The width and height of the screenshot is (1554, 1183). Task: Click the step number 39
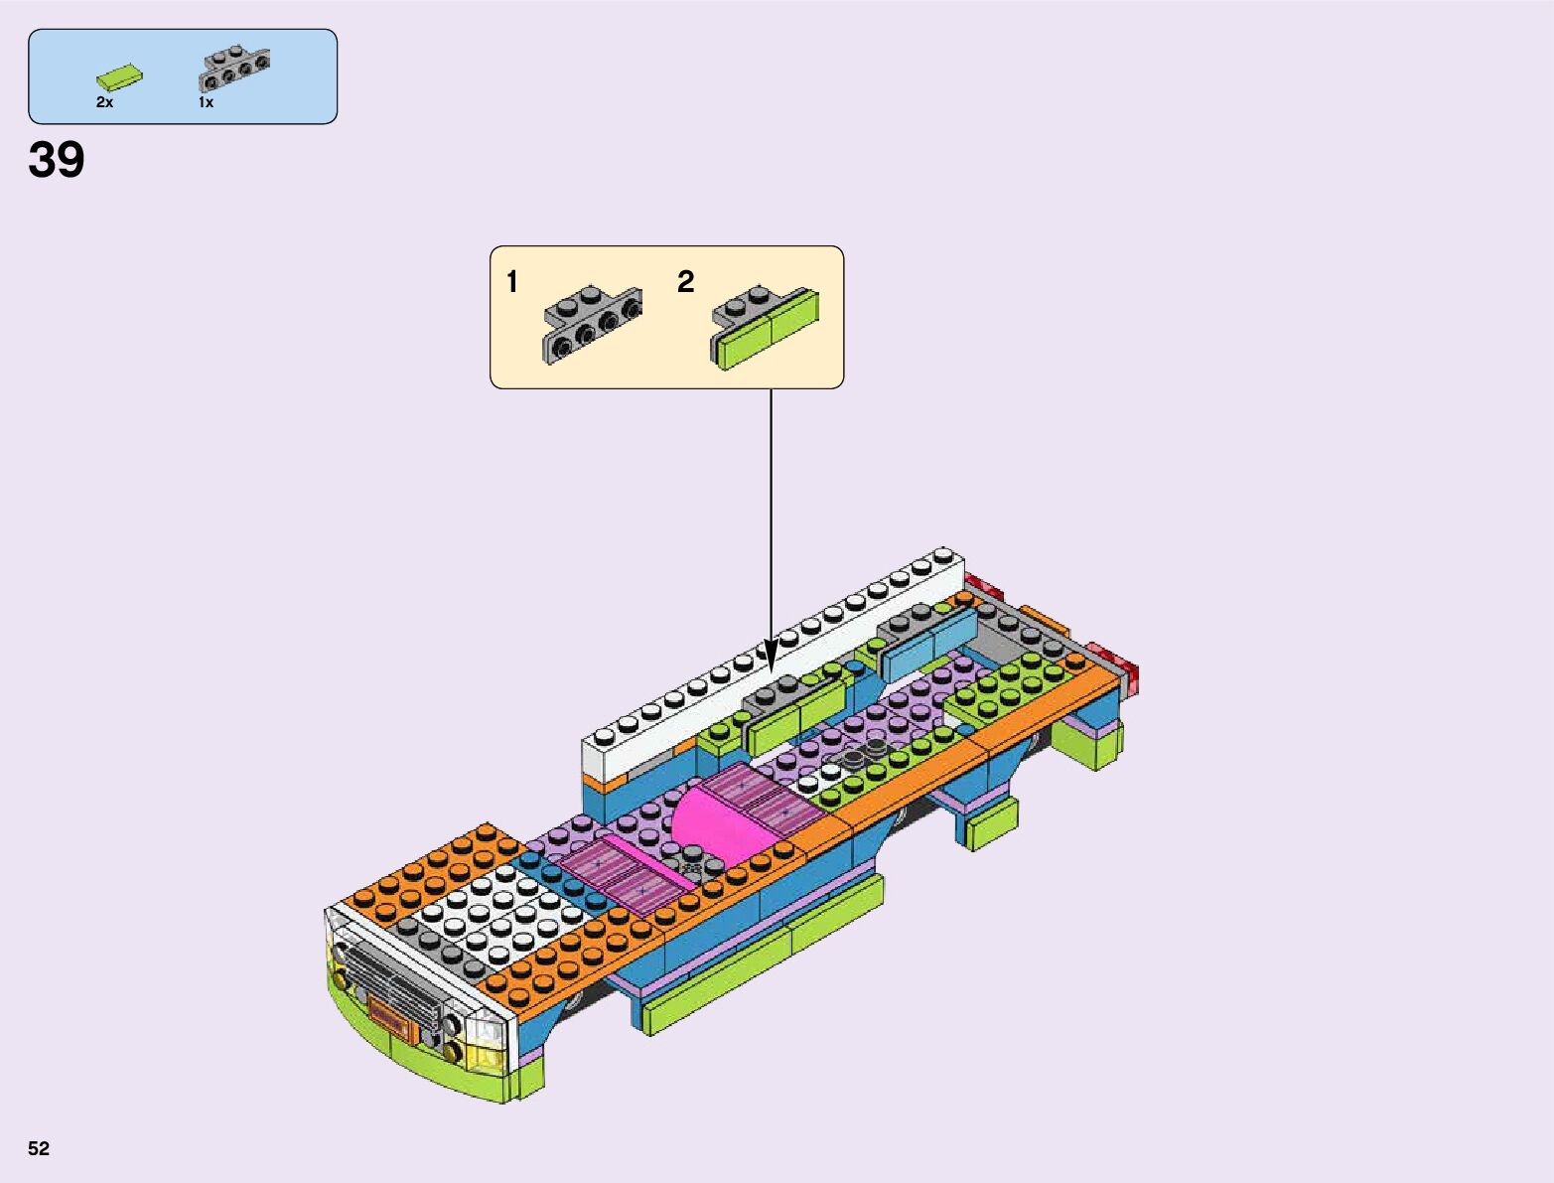point(57,159)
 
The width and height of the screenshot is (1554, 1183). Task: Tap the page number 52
point(39,1148)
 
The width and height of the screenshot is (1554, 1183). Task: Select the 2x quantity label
point(105,102)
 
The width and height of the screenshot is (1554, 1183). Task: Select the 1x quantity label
point(206,102)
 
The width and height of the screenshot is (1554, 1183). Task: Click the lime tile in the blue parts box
point(119,77)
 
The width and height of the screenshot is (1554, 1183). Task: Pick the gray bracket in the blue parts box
point(234,70)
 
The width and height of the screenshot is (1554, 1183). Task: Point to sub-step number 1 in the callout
point(512,282)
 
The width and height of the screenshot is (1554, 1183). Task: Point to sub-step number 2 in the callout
point(685,282)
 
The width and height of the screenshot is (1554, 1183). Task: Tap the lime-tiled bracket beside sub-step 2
point(765,327)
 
